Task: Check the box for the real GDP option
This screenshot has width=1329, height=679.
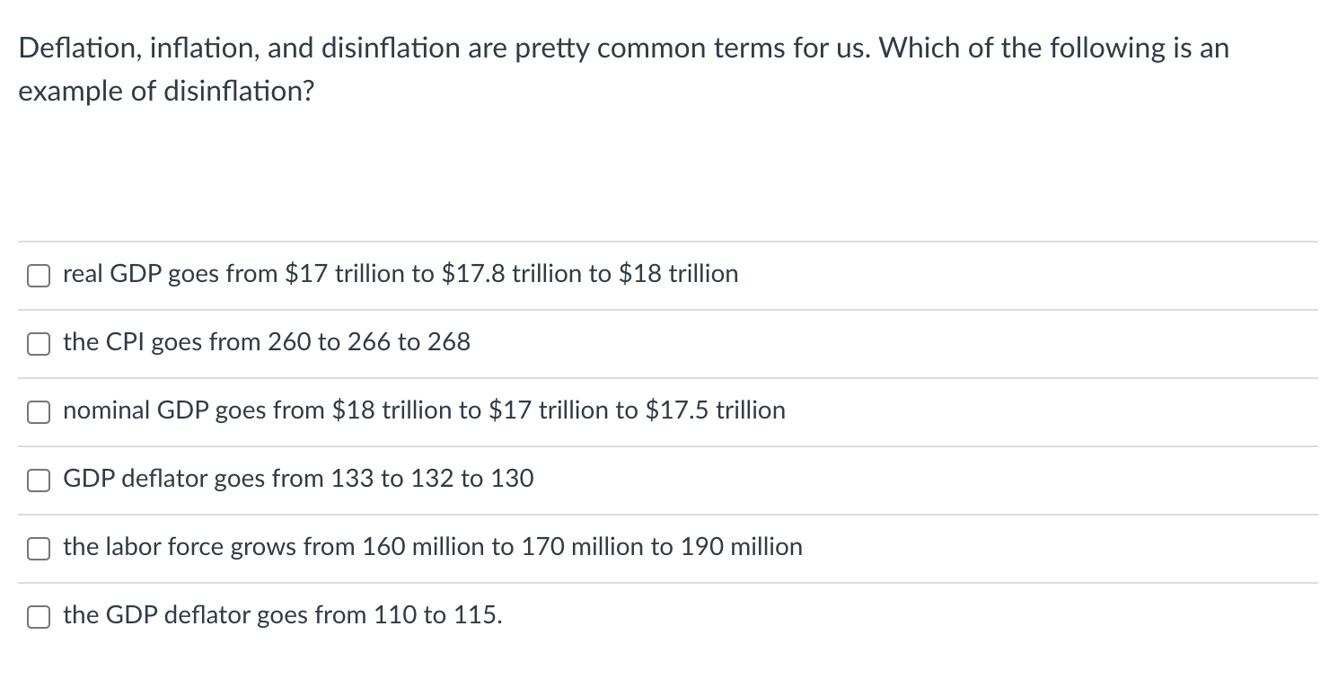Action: pos(38,276)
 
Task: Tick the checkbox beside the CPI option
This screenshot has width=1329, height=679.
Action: pos(38,344)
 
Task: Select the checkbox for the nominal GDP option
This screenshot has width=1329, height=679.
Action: pos(38,412)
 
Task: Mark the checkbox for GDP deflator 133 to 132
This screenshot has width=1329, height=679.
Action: pos(38,481)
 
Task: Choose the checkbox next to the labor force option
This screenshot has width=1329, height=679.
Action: pos(38,549)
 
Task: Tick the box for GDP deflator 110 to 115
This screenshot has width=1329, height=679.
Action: pos(38,617)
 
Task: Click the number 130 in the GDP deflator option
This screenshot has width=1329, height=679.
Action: pos(513,479)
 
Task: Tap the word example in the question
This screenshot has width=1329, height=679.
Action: pos(71,92)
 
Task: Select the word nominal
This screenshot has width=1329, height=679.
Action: pos(107,410)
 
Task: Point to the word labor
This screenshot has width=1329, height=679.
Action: pos(128,547)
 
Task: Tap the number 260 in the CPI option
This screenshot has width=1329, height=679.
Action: pos(289,342)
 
